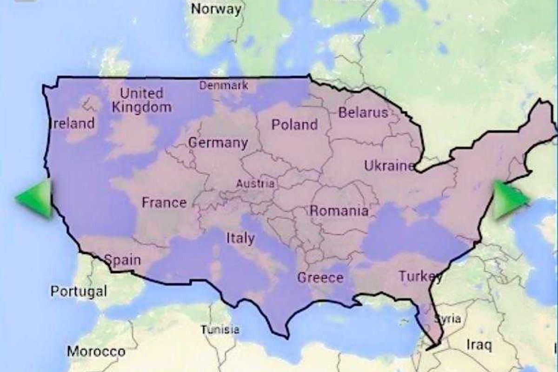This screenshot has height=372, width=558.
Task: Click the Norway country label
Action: pos(217,9)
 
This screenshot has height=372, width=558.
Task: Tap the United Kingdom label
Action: pos(141,100)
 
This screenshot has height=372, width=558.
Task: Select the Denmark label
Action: pos(224,86)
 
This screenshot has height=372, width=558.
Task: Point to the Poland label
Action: pos(294,125)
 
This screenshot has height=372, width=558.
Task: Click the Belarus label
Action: pos(363,113)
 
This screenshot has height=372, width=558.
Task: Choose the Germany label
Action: pos(218,143)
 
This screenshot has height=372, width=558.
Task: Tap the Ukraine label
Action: pos(389,166)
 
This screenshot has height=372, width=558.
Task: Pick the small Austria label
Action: pos(255,184)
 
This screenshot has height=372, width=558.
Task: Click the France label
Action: pos(164,203)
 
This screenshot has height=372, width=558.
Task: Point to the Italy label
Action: pos(240,239)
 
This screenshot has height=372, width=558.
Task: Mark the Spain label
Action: pos(122,259)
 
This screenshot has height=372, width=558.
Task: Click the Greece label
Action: pos(320,278)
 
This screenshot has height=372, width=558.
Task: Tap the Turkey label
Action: pos(420,277)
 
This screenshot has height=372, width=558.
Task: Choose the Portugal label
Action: pos(79,292)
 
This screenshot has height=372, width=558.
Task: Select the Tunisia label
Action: pos(220,330)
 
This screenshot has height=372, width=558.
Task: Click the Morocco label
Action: pos(96,352)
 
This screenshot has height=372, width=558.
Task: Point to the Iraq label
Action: pos(479,345)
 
